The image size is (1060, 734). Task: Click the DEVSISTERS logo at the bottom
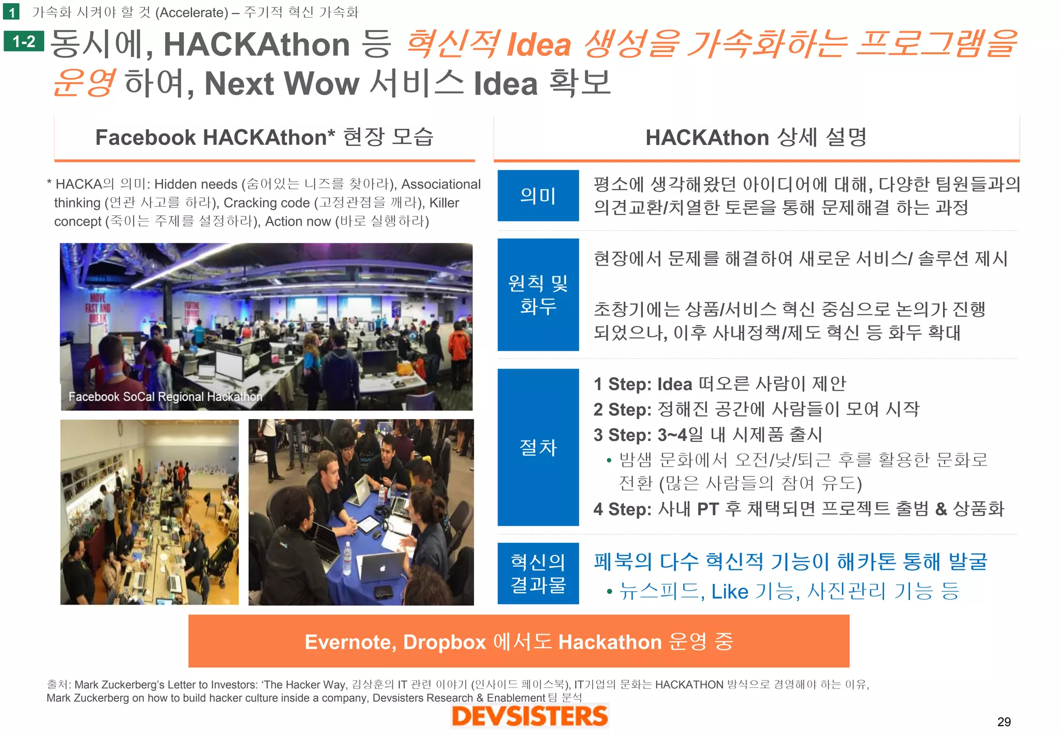pos(529,716)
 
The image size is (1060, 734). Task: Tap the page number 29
pos(1004,722)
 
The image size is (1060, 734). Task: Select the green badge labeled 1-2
pos(24,41)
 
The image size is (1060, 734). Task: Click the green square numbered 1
pos(11,11)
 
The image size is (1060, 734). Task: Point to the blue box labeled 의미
pos(538,196)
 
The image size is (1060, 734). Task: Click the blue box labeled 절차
pos(538,447)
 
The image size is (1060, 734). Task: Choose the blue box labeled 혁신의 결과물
pos(538,573)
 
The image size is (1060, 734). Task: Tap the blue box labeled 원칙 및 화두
pos(538,294)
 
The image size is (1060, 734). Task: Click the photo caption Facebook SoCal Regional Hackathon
pos(165,397)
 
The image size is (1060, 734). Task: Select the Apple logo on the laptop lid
pos(382,568)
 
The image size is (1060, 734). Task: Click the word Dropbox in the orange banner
pos(444,642)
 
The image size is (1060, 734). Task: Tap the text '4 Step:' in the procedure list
pos(623,509)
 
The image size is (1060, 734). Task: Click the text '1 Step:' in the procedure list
pos(623,385)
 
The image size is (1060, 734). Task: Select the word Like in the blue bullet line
pos(730,592)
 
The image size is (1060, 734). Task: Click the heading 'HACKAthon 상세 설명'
pos(756,138)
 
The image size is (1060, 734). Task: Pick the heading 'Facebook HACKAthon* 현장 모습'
pos(264,138)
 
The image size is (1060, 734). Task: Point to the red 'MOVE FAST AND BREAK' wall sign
pos(98,308)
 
